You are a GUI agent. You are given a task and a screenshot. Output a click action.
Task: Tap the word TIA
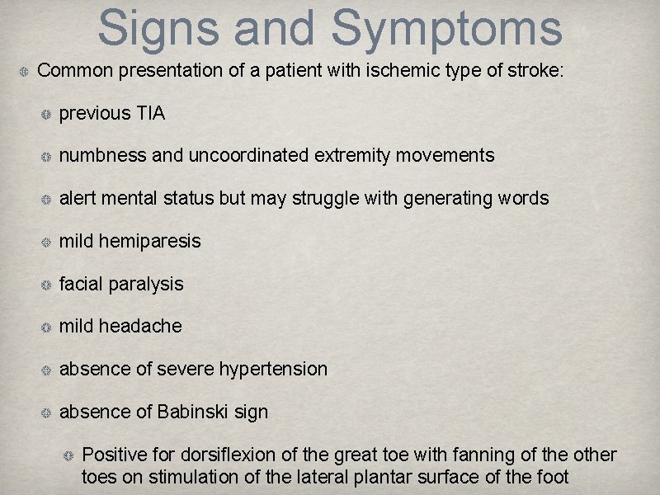point(150,113)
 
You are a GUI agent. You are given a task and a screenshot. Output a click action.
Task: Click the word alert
point(78,198)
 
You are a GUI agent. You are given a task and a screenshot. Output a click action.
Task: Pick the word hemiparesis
point(149,241)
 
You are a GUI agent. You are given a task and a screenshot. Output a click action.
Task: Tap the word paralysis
point(145,284)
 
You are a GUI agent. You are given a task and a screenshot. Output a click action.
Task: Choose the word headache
point(140,326)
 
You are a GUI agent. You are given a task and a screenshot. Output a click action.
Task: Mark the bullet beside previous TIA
point(47,114)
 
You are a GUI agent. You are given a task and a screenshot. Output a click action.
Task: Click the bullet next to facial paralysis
point(47,285)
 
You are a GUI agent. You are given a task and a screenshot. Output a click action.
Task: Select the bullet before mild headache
point(47,327)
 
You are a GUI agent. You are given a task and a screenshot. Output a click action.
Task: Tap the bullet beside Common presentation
point(25,72)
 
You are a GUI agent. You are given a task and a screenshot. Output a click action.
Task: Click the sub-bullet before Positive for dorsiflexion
point(70,455)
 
